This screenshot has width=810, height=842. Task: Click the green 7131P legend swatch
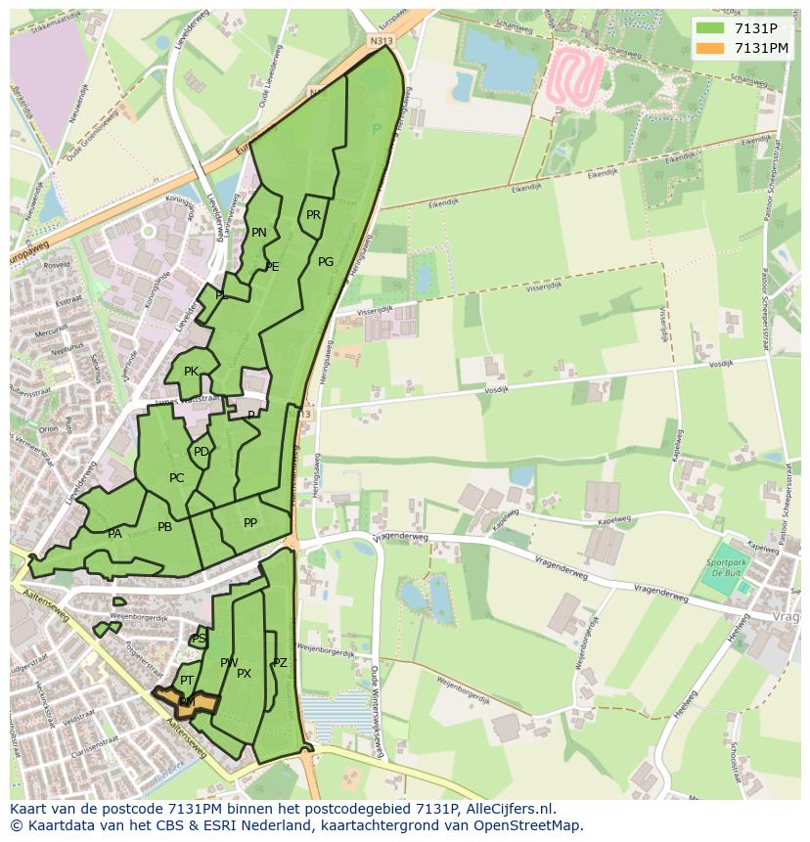[710, 28]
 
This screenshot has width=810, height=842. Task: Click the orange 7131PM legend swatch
[710, 48]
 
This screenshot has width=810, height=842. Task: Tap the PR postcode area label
[313, 215]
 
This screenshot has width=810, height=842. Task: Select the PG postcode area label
[326, 262]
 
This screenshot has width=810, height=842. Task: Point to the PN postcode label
[258, 233]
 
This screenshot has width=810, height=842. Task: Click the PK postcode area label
[191, 372]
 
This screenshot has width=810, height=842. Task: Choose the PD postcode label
[201, 452]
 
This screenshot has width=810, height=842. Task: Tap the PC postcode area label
[176, 478]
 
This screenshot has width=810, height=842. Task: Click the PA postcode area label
[114, 534]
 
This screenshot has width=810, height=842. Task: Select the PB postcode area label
[164, 527]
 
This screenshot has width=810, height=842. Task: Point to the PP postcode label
[250, 523]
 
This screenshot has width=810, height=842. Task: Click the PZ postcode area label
[280, 663]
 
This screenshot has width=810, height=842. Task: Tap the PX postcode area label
[244, 674]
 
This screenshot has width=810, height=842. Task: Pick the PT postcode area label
[186, 680]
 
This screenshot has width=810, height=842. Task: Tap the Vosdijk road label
[498, 388]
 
